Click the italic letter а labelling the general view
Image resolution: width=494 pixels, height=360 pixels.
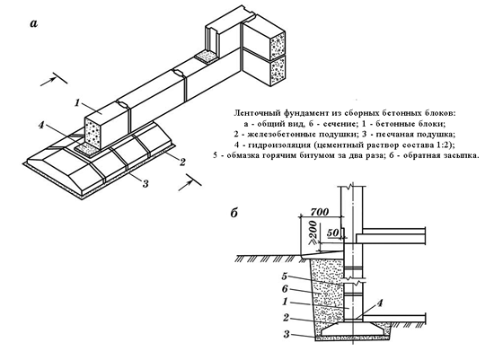click(x=34, y=23)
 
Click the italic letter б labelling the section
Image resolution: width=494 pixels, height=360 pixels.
click(x=234, y=214)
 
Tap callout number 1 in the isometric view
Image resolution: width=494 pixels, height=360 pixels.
click(x=77, y=102)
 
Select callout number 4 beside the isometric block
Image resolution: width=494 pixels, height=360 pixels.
click(x=41, y=125)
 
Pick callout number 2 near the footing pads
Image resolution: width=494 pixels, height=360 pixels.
click(x=182, y=162)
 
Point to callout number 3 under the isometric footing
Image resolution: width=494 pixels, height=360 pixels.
click(x=146, y=183)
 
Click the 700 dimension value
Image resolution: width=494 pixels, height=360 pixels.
click(x=319, y=212)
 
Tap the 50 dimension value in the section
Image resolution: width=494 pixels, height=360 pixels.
click(x=332, y=233)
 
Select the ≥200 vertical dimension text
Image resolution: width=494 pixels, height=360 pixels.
click(x=313, y=233)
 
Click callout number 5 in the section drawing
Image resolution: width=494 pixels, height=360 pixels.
click(x=285, y=277)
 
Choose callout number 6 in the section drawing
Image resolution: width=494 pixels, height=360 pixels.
click(x=285, y=289)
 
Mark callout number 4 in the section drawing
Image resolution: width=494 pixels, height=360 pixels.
click(x=380, y=303)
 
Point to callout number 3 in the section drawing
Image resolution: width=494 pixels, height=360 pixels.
click(x=286, y=334)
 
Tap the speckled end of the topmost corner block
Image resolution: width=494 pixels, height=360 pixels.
click(x=278, y=45)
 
